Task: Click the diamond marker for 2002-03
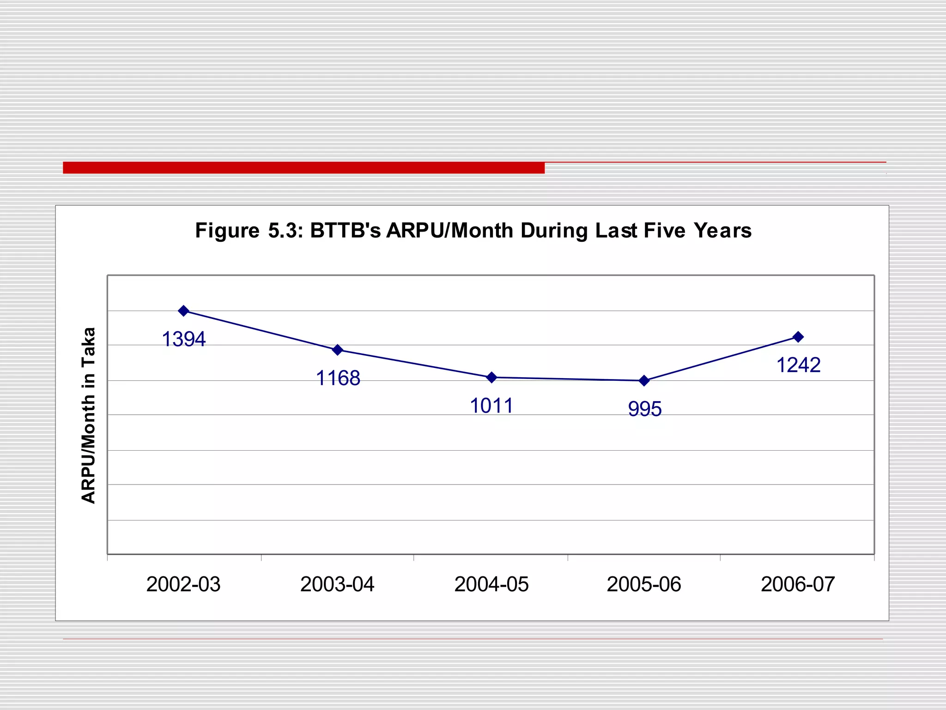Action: pos(183,311)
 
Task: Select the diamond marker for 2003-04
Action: pos(338,350)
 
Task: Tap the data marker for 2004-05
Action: pos(492,378)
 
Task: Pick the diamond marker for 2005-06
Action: pos(644,381)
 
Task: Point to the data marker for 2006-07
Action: pos(798,337)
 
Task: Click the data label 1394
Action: pos(183,340)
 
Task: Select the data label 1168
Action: pos(338,379)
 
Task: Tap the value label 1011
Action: pos(491,406)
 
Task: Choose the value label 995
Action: pos(645,409)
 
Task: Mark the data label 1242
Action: pos(798,366)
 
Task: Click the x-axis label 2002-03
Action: pos(183,585)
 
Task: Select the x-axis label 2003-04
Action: pos(337,585)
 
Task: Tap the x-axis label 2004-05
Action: pos(491,585)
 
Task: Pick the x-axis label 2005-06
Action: pos(644,585)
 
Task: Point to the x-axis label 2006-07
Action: pos(798,585)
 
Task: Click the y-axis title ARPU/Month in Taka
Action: pos(88,415)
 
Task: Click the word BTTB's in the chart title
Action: pos(345,231)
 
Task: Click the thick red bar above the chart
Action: pos(303,168)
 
